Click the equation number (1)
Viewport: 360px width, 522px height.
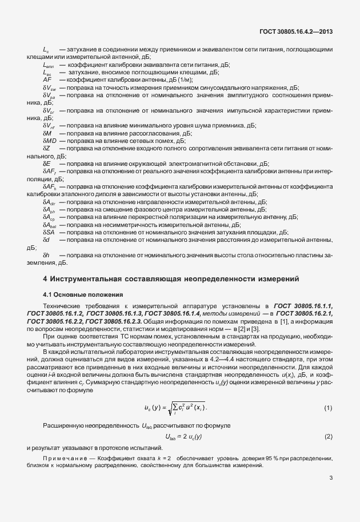tap(328, 408)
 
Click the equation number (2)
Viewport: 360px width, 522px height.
tap(328, 437)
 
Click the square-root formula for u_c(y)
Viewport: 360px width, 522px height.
tap(178, 408)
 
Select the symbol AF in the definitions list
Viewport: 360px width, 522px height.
tap(47, 81)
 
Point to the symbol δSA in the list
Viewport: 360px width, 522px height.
tap(49, 232)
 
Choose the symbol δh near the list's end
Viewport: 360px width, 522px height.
tap(46, 254)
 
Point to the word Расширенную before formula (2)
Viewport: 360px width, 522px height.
tap(62, 427)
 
